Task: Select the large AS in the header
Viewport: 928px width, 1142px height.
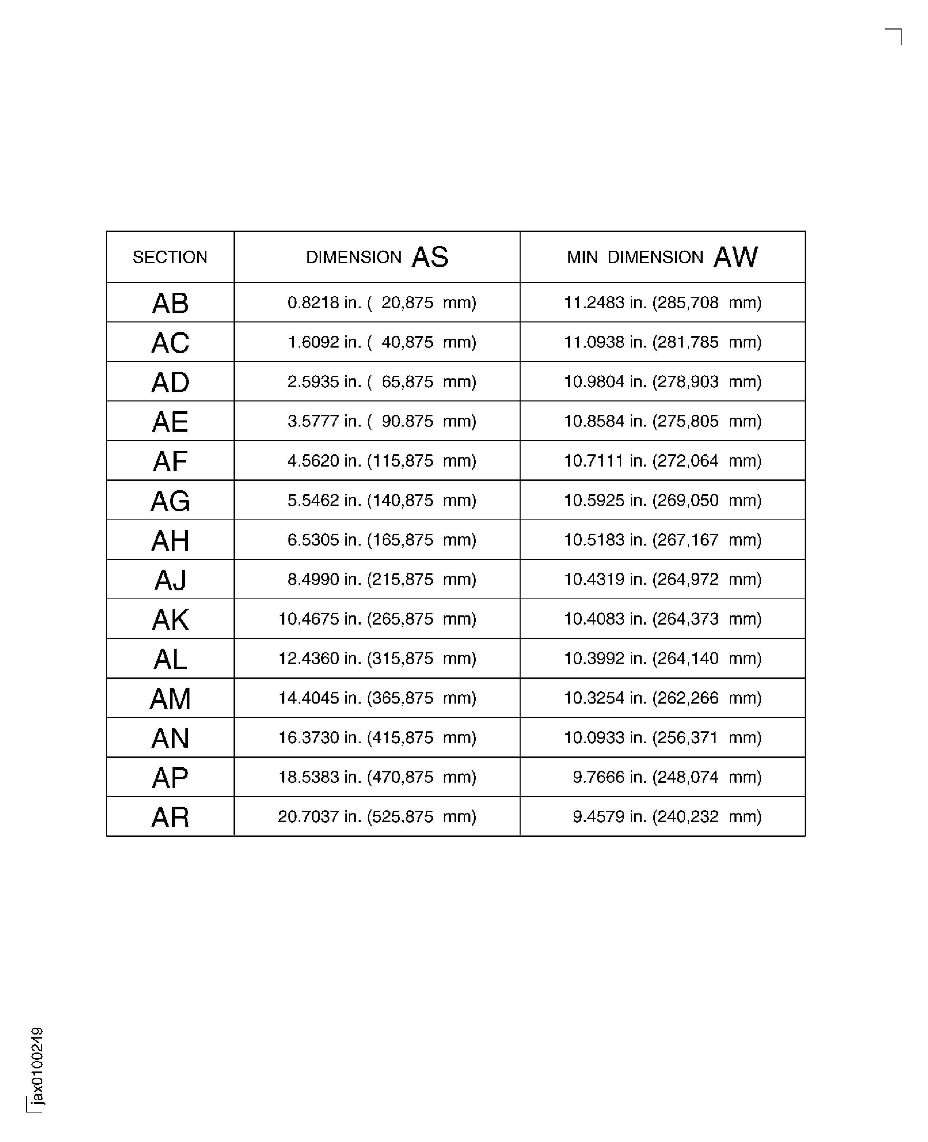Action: pos(430,257)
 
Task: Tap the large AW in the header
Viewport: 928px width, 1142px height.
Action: pos(735,257)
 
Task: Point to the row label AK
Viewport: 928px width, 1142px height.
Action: pos(170,619)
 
